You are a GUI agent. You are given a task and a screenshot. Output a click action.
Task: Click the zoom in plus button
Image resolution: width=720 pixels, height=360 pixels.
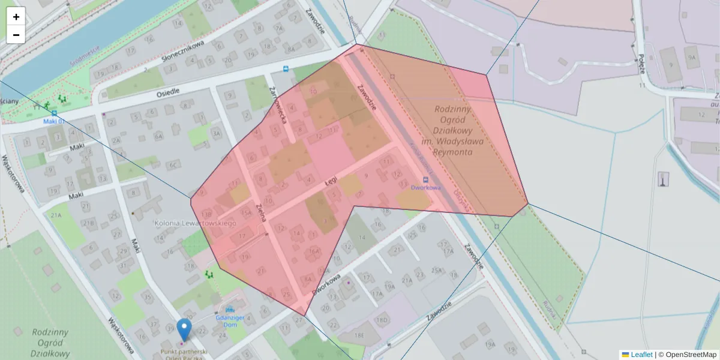pyautogui.click(x=16, y=17)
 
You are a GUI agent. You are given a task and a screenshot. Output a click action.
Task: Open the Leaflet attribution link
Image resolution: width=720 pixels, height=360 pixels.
pyautogui.click(x=641, y=355)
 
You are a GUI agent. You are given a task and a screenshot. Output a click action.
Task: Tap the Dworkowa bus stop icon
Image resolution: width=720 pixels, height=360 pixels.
pyautogui.click(x=426, y=179)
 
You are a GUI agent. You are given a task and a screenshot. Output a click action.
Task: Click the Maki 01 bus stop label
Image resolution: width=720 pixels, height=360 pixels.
pyautogui.click(x=53, y=121)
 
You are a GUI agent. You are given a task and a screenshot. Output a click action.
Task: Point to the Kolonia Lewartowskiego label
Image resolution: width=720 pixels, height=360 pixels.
pyautogui.click(x=195, y=223)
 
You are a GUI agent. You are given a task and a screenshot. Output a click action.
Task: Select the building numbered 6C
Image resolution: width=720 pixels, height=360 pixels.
pyautogui.click(x=174, y=165)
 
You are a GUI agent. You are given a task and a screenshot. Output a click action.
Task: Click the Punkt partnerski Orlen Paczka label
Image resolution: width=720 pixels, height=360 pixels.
pyautogui.click(x=183, y=352)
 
